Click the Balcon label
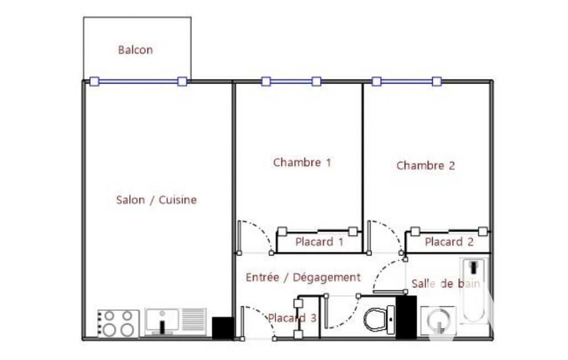point(135,50)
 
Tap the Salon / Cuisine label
point(156,199)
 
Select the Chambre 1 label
point(302,162)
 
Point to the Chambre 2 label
point(426,166)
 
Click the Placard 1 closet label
point(319,241)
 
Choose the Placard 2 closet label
point(449,241)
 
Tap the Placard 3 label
point(292,318)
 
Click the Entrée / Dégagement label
point(303,277)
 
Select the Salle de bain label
point(446,283)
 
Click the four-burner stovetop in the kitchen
point(119,324)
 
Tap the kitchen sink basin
point(162,322)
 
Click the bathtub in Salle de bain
point(474,290)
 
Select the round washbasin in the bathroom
point(439,321)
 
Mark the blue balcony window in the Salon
point(139,81)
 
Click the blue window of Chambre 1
point(291,81)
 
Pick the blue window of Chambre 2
point(407,81)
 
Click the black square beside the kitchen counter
point(223,328)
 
